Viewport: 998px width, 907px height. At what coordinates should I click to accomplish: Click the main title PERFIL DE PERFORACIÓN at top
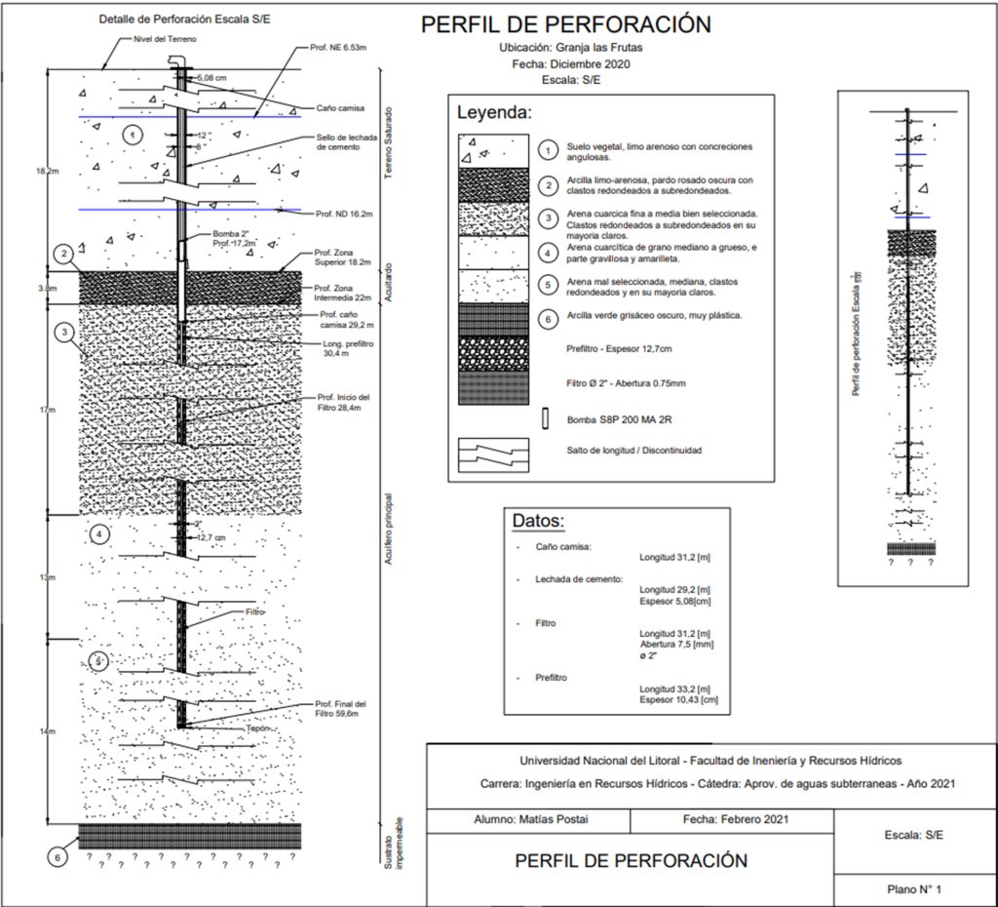click(565, 24)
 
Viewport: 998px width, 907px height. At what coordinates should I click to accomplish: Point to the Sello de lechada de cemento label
click(346, 142)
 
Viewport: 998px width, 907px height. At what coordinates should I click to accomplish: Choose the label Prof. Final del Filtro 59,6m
click(340, 709)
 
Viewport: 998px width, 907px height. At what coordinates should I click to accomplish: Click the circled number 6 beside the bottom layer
click(58, 856)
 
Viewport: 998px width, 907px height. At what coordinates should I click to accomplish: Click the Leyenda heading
click(494, 112)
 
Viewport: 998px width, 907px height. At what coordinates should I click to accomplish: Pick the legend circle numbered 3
click(549, 217)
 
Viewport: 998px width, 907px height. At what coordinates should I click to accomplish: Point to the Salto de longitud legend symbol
click(493, 453)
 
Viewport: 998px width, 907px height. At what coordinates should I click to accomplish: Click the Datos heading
click(539, 521)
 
